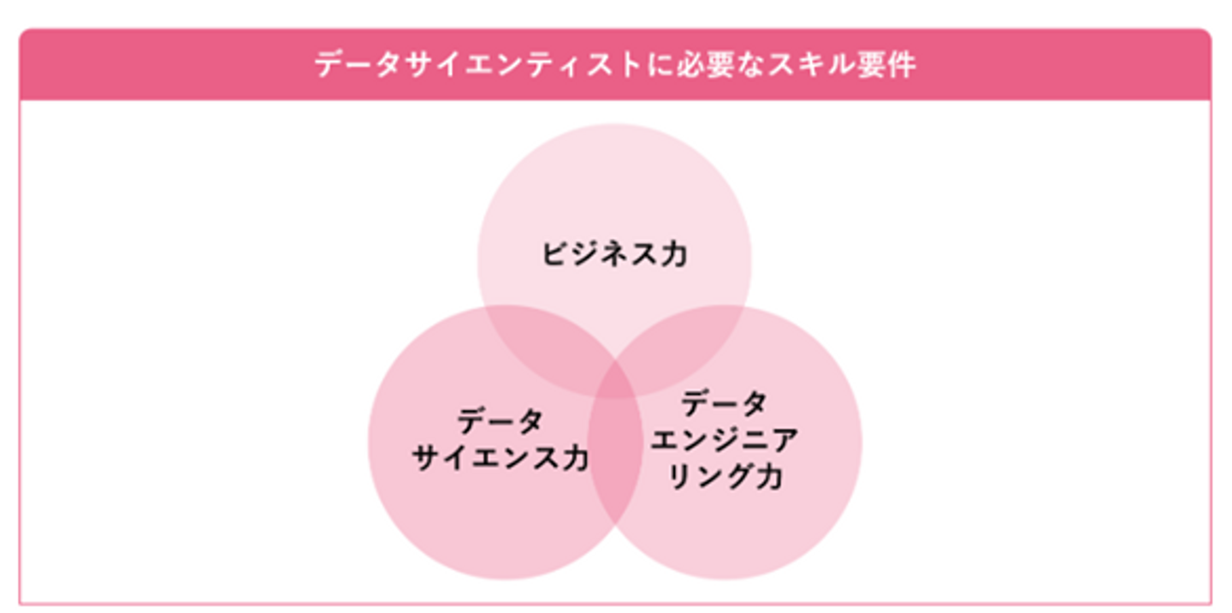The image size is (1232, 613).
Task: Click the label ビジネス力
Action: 614,254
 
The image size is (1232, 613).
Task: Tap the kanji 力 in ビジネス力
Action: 673,254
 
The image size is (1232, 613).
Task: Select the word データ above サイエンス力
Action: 500,421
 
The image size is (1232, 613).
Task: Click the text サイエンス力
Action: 500,458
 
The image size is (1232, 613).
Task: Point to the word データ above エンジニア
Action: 725,403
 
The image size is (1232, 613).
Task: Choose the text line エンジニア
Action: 725,440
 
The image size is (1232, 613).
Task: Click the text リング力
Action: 725,477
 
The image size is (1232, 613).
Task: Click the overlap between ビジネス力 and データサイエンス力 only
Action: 548,342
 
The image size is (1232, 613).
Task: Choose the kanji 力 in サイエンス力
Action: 574,458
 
